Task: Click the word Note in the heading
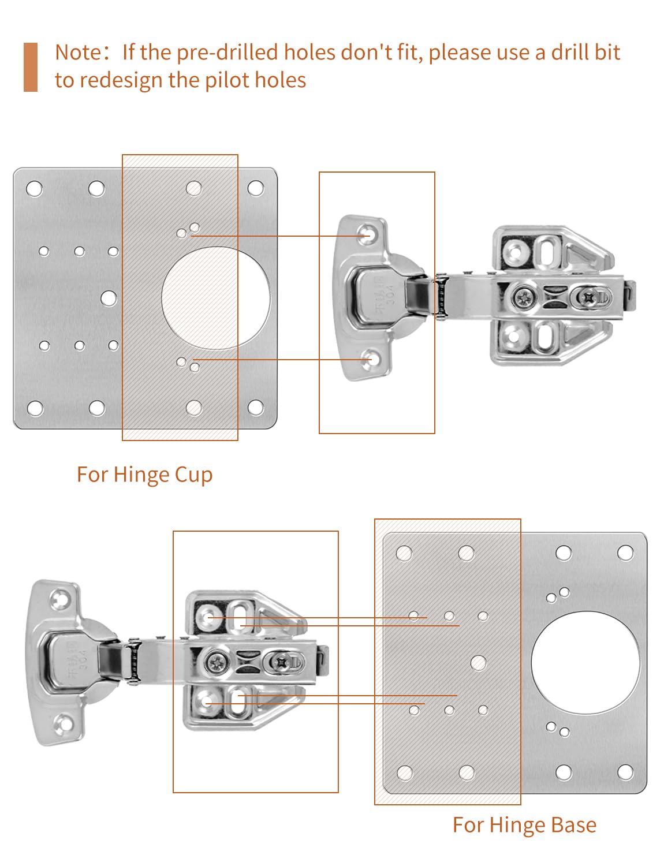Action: pos(78,53)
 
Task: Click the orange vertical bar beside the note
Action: pos(31,67)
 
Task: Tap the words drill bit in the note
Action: pos(585,53)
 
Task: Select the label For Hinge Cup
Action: pos(144,475)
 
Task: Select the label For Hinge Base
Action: pos(524,825)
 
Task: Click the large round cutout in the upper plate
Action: pos(215,298)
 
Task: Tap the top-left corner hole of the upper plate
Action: pos(35,189)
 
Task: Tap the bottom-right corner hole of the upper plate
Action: pos(255,408)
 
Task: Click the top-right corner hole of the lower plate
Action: pos(625,553)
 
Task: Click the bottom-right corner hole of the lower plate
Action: pos(625,772)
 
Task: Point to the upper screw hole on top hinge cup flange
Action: pos(365,234)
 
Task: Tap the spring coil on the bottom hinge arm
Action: pos(134,662)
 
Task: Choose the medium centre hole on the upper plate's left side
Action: pos(109,298)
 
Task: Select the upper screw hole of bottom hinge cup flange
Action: pos(59,599)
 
